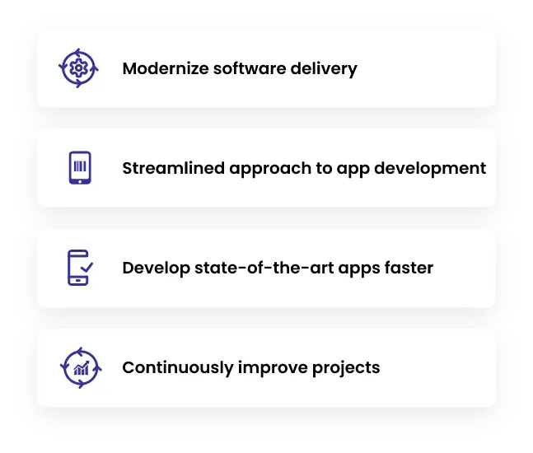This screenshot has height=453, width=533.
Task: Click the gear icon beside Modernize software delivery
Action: click(79, 68)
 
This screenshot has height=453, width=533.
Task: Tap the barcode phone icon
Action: click(79, 168)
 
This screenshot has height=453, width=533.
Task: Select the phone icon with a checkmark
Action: click(78, 268)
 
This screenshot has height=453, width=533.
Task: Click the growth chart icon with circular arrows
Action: click(79, 367)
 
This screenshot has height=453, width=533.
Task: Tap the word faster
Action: click(405, 268)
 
